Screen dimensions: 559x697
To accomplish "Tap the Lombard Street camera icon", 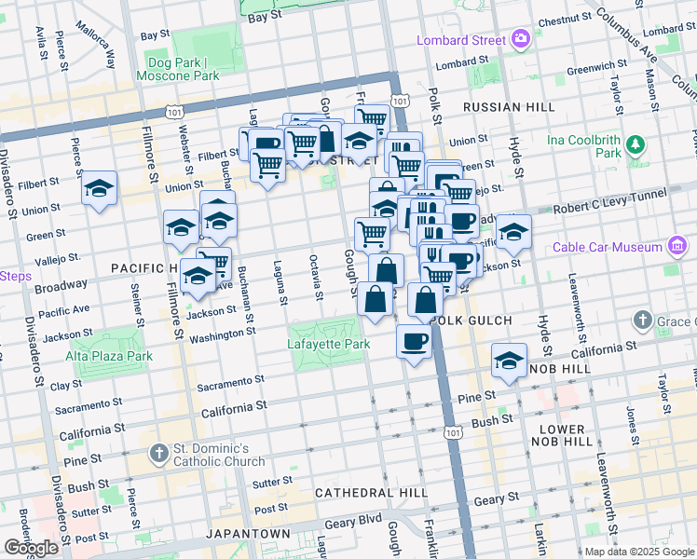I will click(x=521, y=40).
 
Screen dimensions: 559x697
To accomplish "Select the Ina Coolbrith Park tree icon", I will click(x=636, y=144).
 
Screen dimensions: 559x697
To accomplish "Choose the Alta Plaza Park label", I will click(x=109, y=356).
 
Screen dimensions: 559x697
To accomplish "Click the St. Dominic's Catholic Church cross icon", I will click(x=158, y=454).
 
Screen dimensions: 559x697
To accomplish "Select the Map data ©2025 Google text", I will click(x=639, y=552).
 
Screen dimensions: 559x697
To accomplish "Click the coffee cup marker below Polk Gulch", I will click(x=414, y=341).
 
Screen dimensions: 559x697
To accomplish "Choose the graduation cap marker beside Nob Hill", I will click(x=509, y=361).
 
